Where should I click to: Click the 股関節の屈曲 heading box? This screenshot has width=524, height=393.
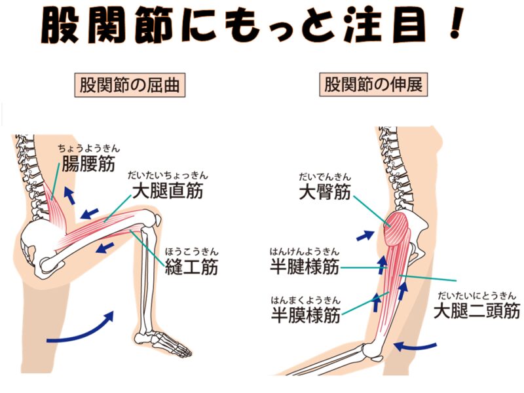tap(130, 86)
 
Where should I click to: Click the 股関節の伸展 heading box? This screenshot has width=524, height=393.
tap(373, 85)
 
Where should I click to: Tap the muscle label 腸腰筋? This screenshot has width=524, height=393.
tap(88, 163)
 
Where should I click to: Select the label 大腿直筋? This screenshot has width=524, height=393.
tap(168, 191)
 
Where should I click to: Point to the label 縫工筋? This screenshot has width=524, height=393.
tap(191, 267)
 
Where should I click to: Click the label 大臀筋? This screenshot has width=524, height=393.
tap(325, 192)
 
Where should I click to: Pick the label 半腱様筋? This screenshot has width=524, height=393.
tap(305, 267)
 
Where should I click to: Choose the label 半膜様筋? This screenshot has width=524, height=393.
tap(305, 315)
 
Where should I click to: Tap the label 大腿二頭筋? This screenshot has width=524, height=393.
tap(477, 310)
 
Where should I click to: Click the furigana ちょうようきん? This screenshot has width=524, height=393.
tap(89, 149)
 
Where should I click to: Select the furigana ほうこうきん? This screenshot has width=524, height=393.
tap(191, 252)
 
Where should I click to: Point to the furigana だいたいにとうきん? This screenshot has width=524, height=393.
tap(477, 295)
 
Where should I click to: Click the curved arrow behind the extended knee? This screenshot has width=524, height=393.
tap(415, 346)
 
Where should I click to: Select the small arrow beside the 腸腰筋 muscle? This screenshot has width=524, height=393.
tap(69, 195)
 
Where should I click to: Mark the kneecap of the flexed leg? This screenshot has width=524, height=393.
tap(156, 221)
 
